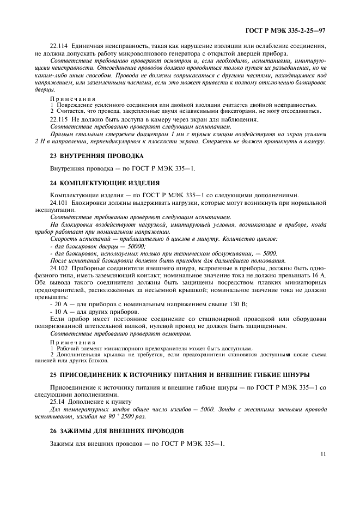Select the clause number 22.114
click(x=59, y=47)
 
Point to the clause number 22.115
click(x=59, y=118)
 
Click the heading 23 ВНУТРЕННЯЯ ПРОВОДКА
click(x=96, y=155)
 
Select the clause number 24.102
click(x=59, y=268)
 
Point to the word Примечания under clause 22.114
click(x=69, y=99)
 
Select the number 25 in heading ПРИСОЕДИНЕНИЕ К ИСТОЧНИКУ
click(x=53, y=375)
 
